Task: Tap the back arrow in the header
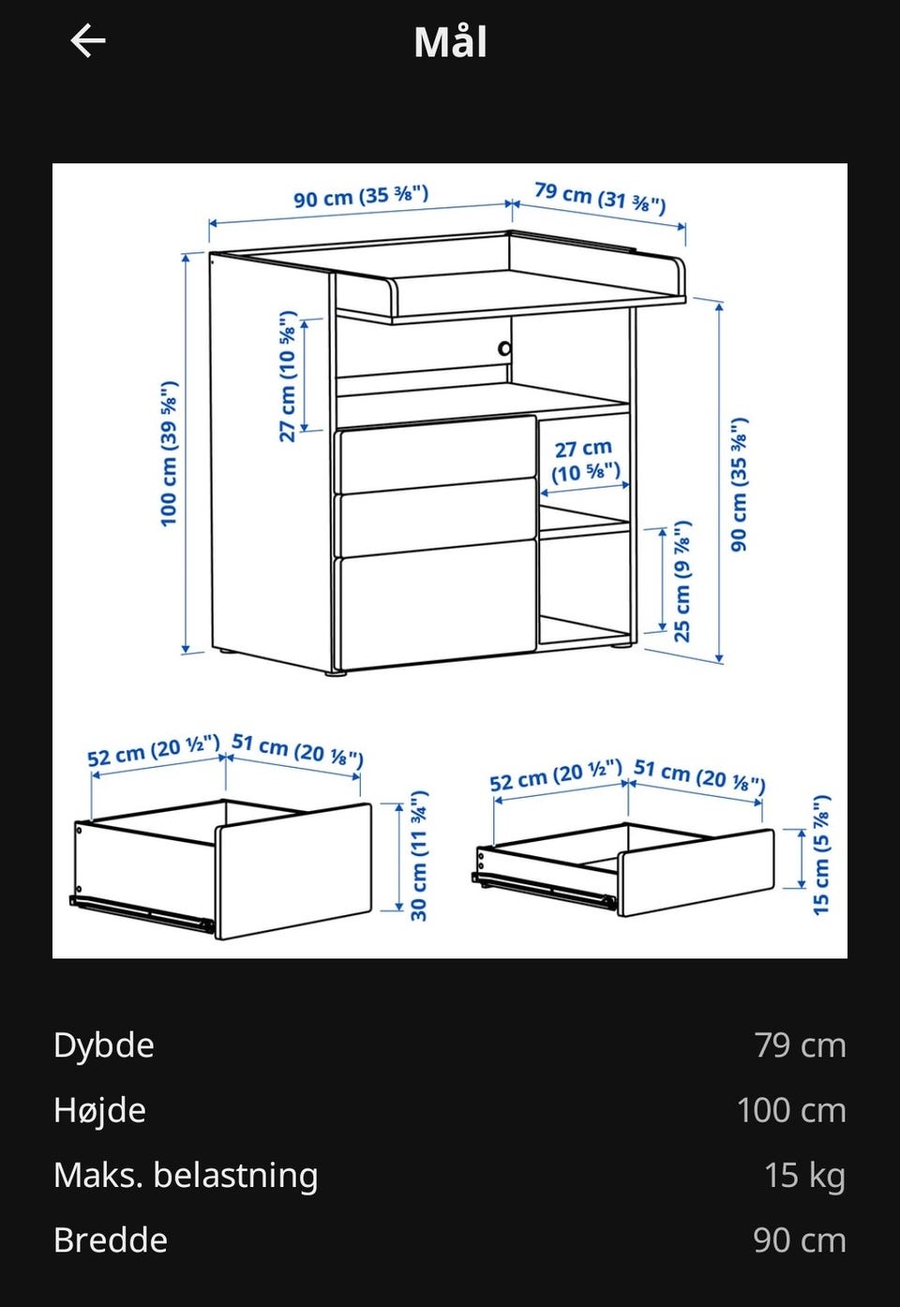tap(87, 40)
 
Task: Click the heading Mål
tap(450, 41)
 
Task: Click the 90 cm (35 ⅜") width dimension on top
tap(361, 196)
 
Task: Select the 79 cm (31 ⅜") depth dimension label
tap(600, 198)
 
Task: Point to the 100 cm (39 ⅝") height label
tap(169, 454)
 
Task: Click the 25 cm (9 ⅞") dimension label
tap(682, 581)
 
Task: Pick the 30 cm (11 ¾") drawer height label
tap(419, 855)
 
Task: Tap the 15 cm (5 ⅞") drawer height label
tap(820, 855)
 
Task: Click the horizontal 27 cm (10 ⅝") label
tap(585, 460)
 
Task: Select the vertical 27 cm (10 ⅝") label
tap(288, 376)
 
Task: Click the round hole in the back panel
tap(504, 349)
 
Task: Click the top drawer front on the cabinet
tap(436, 454)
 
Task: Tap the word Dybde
tap(104, 1045)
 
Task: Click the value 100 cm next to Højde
tap(791, 1110)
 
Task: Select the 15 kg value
tap(805, 1175)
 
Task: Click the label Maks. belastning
tap(186, 1175)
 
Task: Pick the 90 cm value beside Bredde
tap(800, 1240)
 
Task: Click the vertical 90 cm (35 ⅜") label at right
tap(739, 485)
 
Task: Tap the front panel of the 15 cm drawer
tap(697, 872)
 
